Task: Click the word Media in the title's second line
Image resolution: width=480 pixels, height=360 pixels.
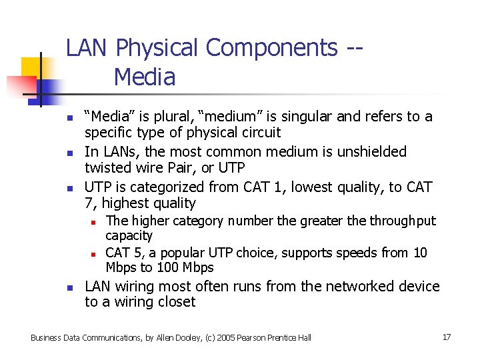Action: coord(145,77)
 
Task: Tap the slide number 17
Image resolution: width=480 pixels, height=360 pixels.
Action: coord(447,337)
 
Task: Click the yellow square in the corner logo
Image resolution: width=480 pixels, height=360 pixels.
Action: coord(31,67)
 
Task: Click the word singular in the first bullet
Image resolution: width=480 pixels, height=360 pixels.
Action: coord(306,117)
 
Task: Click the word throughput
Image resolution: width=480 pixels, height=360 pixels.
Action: coord(403,221)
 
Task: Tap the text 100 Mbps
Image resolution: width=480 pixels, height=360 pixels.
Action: coord(185,268)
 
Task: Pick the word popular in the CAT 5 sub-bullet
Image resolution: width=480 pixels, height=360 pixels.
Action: coord(181,253)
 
